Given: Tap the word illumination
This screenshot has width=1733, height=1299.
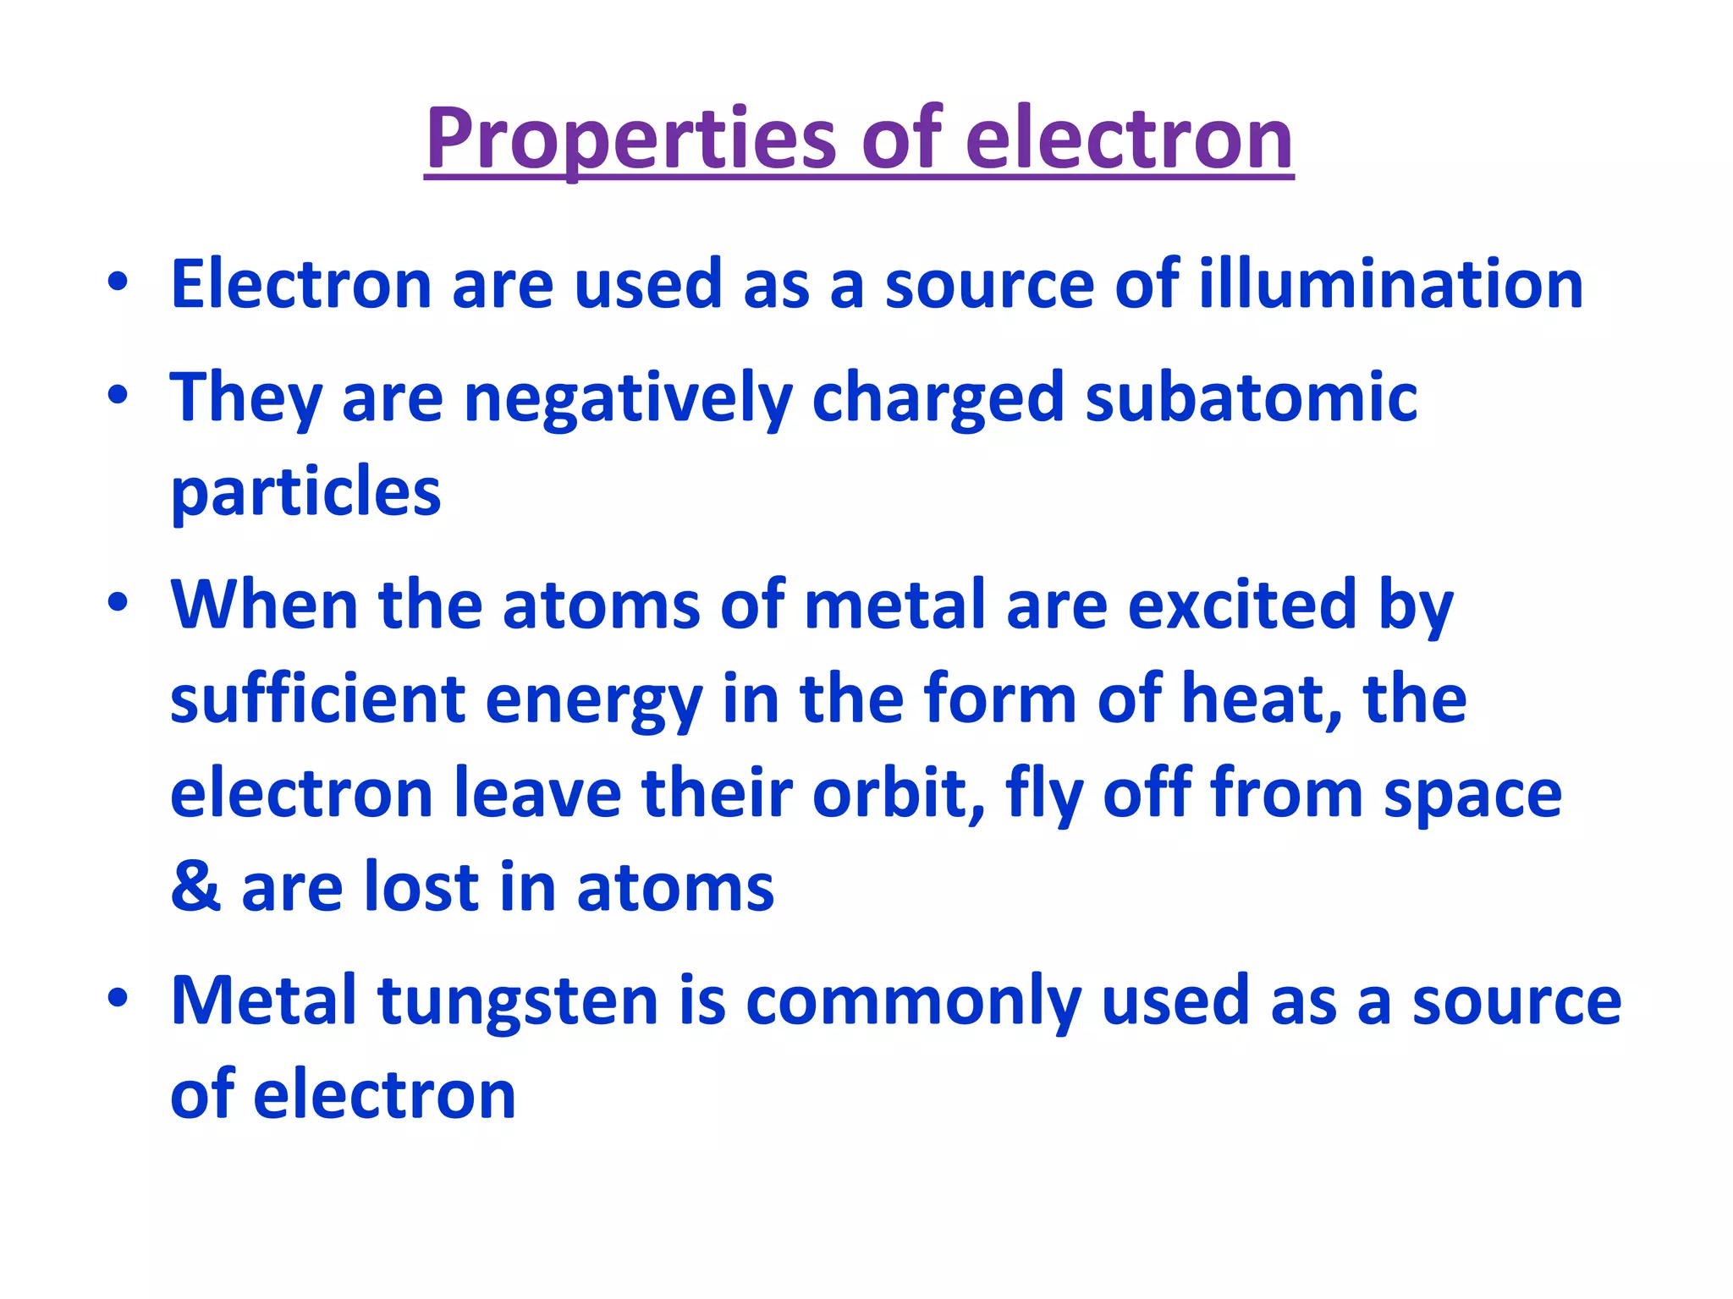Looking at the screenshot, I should click(1390, 284).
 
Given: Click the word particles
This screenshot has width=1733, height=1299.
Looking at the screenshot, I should click(305, 491).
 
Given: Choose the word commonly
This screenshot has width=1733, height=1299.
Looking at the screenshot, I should click(913, 1002).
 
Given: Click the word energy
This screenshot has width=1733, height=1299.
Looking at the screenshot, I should click(593, 702).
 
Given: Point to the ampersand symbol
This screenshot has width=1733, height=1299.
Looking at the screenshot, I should click(196, 887).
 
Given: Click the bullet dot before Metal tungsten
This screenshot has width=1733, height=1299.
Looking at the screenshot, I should click(118, 999).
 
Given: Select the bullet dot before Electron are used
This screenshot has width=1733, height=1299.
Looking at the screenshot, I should click(118, 282).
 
